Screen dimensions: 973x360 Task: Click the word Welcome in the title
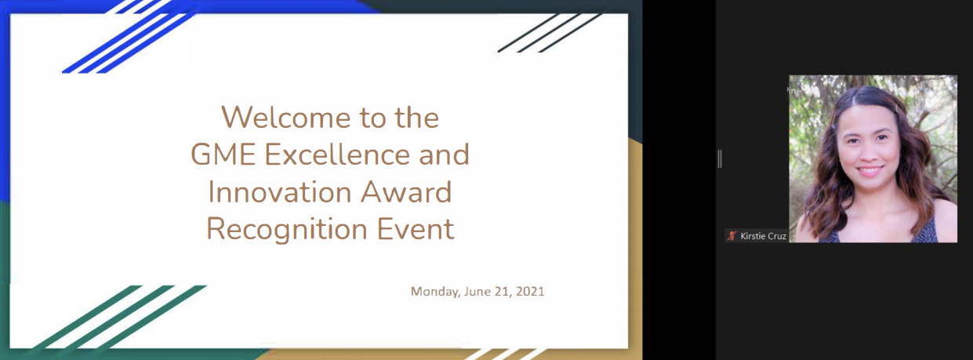286,118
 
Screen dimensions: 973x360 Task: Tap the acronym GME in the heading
223,155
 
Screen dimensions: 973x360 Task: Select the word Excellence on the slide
337,155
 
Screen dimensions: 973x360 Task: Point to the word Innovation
280,192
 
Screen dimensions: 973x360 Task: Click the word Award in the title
407,192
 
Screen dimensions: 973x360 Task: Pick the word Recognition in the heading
287,230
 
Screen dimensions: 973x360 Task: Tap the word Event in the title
416,229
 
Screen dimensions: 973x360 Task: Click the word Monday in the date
435,292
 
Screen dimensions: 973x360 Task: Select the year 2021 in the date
530,291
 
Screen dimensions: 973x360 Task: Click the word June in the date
477,291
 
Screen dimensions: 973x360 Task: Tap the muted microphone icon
732,236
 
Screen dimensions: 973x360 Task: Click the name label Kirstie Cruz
763,236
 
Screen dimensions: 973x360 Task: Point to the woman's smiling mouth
870,170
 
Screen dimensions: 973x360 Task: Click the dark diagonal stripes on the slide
550,33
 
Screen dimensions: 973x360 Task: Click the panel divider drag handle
720,158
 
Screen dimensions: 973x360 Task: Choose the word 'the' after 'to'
417,118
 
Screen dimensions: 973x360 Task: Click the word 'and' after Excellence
444,155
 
